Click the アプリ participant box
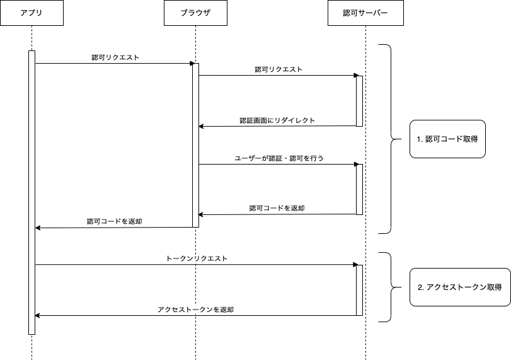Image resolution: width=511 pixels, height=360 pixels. [x=32, y=13]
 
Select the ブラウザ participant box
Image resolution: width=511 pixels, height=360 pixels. [x=195, y=13]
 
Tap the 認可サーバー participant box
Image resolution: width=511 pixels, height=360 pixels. [x=365, y=13]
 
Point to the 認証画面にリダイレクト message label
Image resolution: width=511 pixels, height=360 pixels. [x=277, y=120]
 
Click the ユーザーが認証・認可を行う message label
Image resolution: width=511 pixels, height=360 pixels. [x=278, y=158]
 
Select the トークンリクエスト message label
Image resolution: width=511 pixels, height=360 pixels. [x=197, y=258]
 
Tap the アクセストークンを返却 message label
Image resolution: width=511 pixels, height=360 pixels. [x=196, y=310]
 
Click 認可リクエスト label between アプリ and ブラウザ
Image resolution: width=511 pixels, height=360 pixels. [x=115, y=57]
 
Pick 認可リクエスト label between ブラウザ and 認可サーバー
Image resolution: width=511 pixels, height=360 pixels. [x=278, y=69]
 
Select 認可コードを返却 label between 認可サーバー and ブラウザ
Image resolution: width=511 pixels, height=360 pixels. [x=277, y=208]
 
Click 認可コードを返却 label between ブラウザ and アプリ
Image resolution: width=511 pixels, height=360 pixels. [x=115, y=221]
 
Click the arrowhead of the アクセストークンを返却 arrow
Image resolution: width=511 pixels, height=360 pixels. [x=37, y=315]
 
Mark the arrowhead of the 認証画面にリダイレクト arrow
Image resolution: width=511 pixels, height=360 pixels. [x=201, y=126]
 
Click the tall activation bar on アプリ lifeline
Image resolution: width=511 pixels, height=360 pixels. [x=32, y=189]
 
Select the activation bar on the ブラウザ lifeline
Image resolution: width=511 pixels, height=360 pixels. [x=195, y=145]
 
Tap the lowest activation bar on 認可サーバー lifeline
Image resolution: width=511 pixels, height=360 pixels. [x=359, y=290]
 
